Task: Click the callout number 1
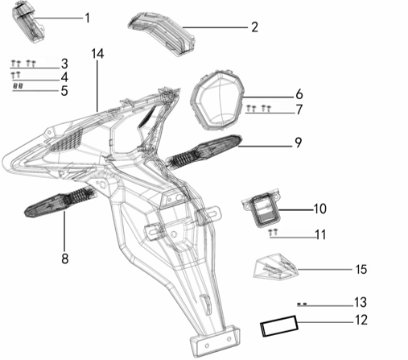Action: [x=87, y=18]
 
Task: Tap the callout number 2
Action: [x=254, y=27]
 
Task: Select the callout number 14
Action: [x=97, y=54]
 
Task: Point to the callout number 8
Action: [x=64, y=259]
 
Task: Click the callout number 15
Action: [x=361, y=269]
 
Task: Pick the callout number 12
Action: [x=361, y=320]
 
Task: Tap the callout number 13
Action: [x=361, y=302]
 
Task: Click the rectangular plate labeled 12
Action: [x=279, y=325]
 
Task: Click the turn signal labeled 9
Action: [x=204, y=152]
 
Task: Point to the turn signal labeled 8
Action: [x=60, y=201]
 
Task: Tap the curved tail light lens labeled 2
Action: [x=162, y=34]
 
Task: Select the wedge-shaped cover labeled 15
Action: [x=276, y=267]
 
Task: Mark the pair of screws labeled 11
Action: [x=274, y=232]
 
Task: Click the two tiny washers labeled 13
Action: [x=302, y=304]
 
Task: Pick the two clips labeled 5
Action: [x=19, y=86]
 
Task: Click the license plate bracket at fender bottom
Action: [x=215, y=341]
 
